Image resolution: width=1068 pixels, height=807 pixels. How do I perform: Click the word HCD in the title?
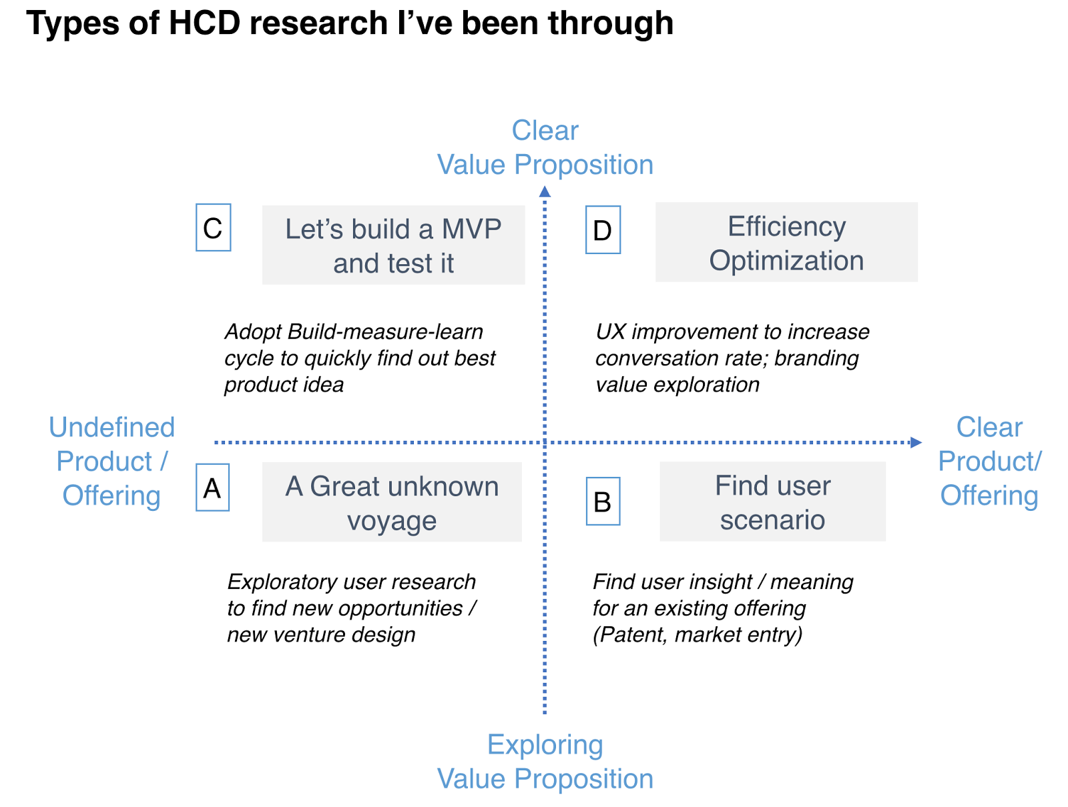[204, 23]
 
